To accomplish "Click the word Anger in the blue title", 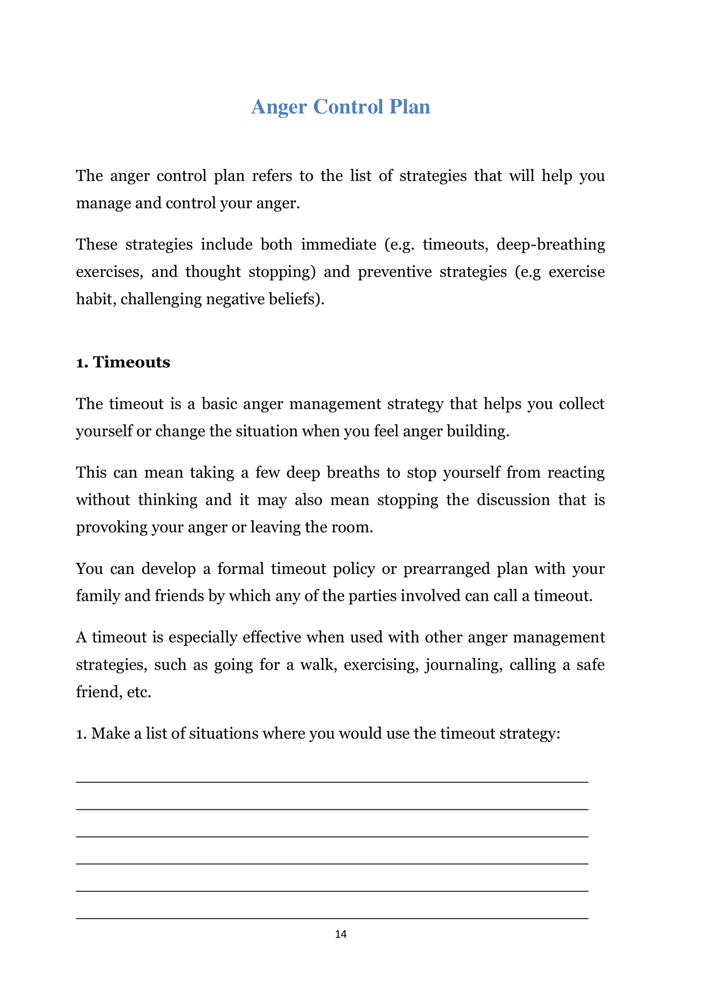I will [x=279, y=107].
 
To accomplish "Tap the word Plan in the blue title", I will [x=409, y=107].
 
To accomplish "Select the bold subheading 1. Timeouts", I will [x=123, y=362].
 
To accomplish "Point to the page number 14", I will [x=341, y=934].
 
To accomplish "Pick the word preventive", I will [x=394, y=272].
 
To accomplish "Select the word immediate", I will [x=338, y=245].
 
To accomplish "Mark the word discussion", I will [x=513, y=500].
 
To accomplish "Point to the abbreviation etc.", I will [x=138, y=692].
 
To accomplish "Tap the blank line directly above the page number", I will [x=332, y=918].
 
